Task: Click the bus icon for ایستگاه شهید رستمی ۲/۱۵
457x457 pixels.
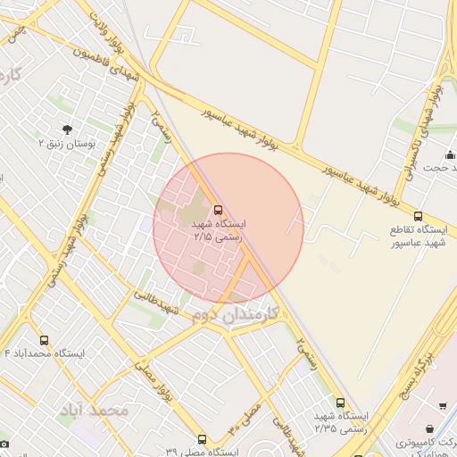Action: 219,210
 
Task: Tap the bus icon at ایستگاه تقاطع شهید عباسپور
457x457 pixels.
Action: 419,216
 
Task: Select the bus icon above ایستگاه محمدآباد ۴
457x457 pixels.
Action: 45,340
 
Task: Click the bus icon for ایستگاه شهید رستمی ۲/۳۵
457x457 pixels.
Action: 340,403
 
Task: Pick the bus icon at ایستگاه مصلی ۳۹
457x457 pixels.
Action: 203,439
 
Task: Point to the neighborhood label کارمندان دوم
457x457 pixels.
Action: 234,315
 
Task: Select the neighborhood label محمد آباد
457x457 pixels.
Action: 94,411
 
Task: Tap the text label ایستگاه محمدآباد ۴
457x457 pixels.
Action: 45,354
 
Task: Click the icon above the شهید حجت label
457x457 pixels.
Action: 449,155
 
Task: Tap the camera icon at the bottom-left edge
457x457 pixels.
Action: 4,444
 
